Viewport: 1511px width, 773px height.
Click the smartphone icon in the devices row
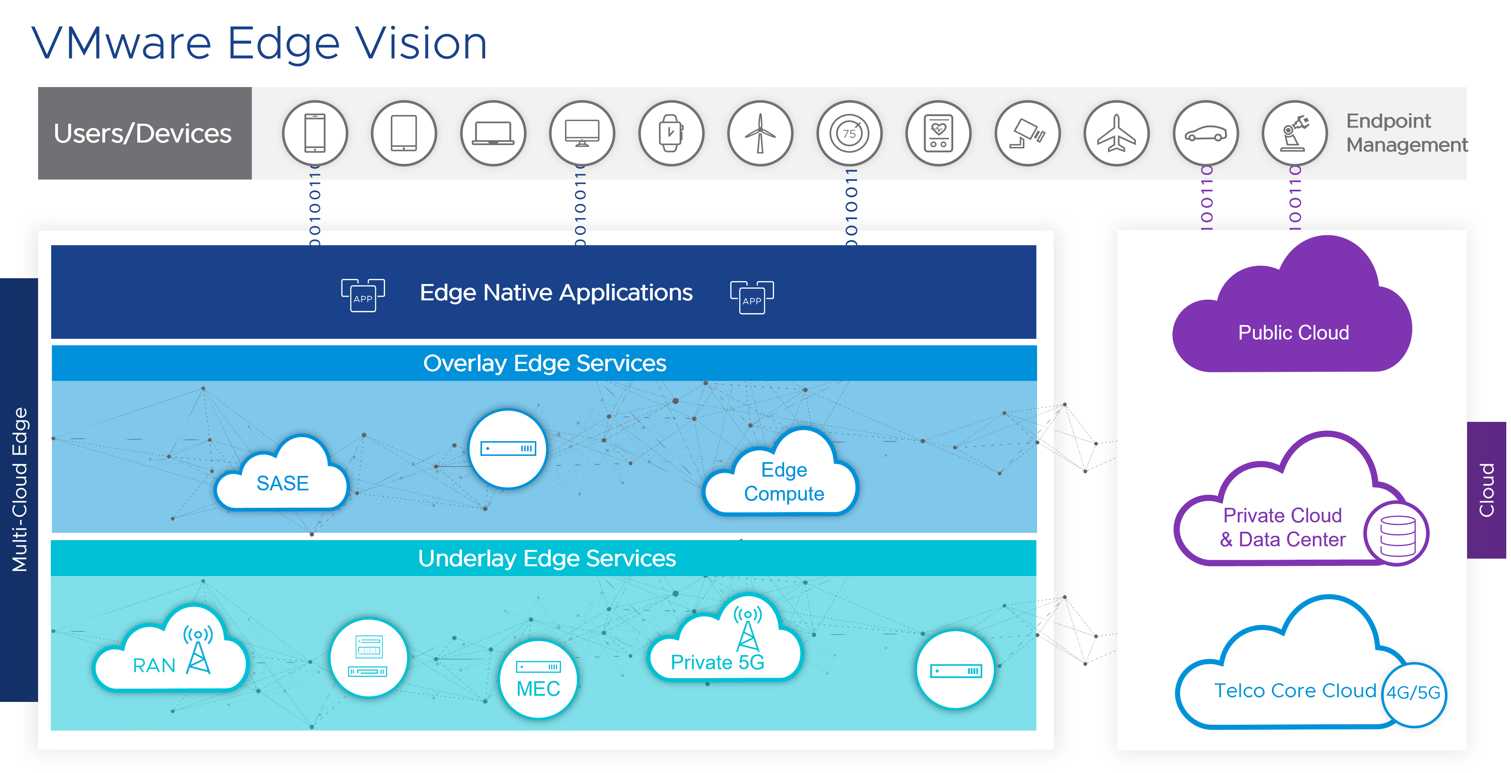click(x=315, y=133)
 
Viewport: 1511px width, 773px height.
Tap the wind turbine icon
click(x=760, y=133)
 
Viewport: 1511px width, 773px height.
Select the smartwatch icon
click(x=671, y=133)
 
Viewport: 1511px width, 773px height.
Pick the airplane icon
click(x=1116, y=133)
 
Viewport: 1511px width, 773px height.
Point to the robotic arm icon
click(x=1295, y=133)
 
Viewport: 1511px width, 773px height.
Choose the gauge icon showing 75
click(x=849, y=133)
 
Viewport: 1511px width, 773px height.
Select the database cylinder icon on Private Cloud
click(x=1397, y=535)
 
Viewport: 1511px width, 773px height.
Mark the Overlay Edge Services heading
click(x=544, y=363)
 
